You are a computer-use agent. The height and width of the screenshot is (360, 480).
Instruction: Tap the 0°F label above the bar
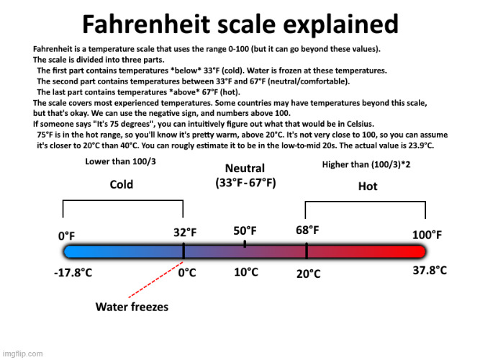[x=66, y=235]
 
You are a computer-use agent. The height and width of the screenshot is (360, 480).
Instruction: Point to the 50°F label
[x=245, y=230]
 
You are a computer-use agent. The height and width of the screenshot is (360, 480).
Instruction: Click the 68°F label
[x=307, y=230]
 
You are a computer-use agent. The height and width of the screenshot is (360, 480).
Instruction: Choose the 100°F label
[x=427, y=235]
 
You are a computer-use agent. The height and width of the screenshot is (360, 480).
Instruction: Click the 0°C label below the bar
[x=187, y=273]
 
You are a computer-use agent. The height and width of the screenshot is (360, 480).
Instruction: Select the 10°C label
[x=245, y=272]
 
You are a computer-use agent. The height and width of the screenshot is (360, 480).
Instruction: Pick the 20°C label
[x=308, y=274]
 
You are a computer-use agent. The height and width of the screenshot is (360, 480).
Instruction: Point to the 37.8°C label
[x=430, y=271]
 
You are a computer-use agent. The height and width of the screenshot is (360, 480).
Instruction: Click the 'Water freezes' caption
[x=132, y=307]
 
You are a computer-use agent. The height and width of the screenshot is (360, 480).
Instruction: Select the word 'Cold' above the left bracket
[x=121, y=185]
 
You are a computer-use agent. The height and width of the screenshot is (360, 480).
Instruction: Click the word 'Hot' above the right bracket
[x=367, y=186]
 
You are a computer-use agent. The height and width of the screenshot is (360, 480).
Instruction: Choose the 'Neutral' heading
[x=245, y=168]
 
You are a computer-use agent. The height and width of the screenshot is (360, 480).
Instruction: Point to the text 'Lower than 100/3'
[x=120, y=161]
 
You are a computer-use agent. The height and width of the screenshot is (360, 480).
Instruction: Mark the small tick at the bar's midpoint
[x=245, y=244]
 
